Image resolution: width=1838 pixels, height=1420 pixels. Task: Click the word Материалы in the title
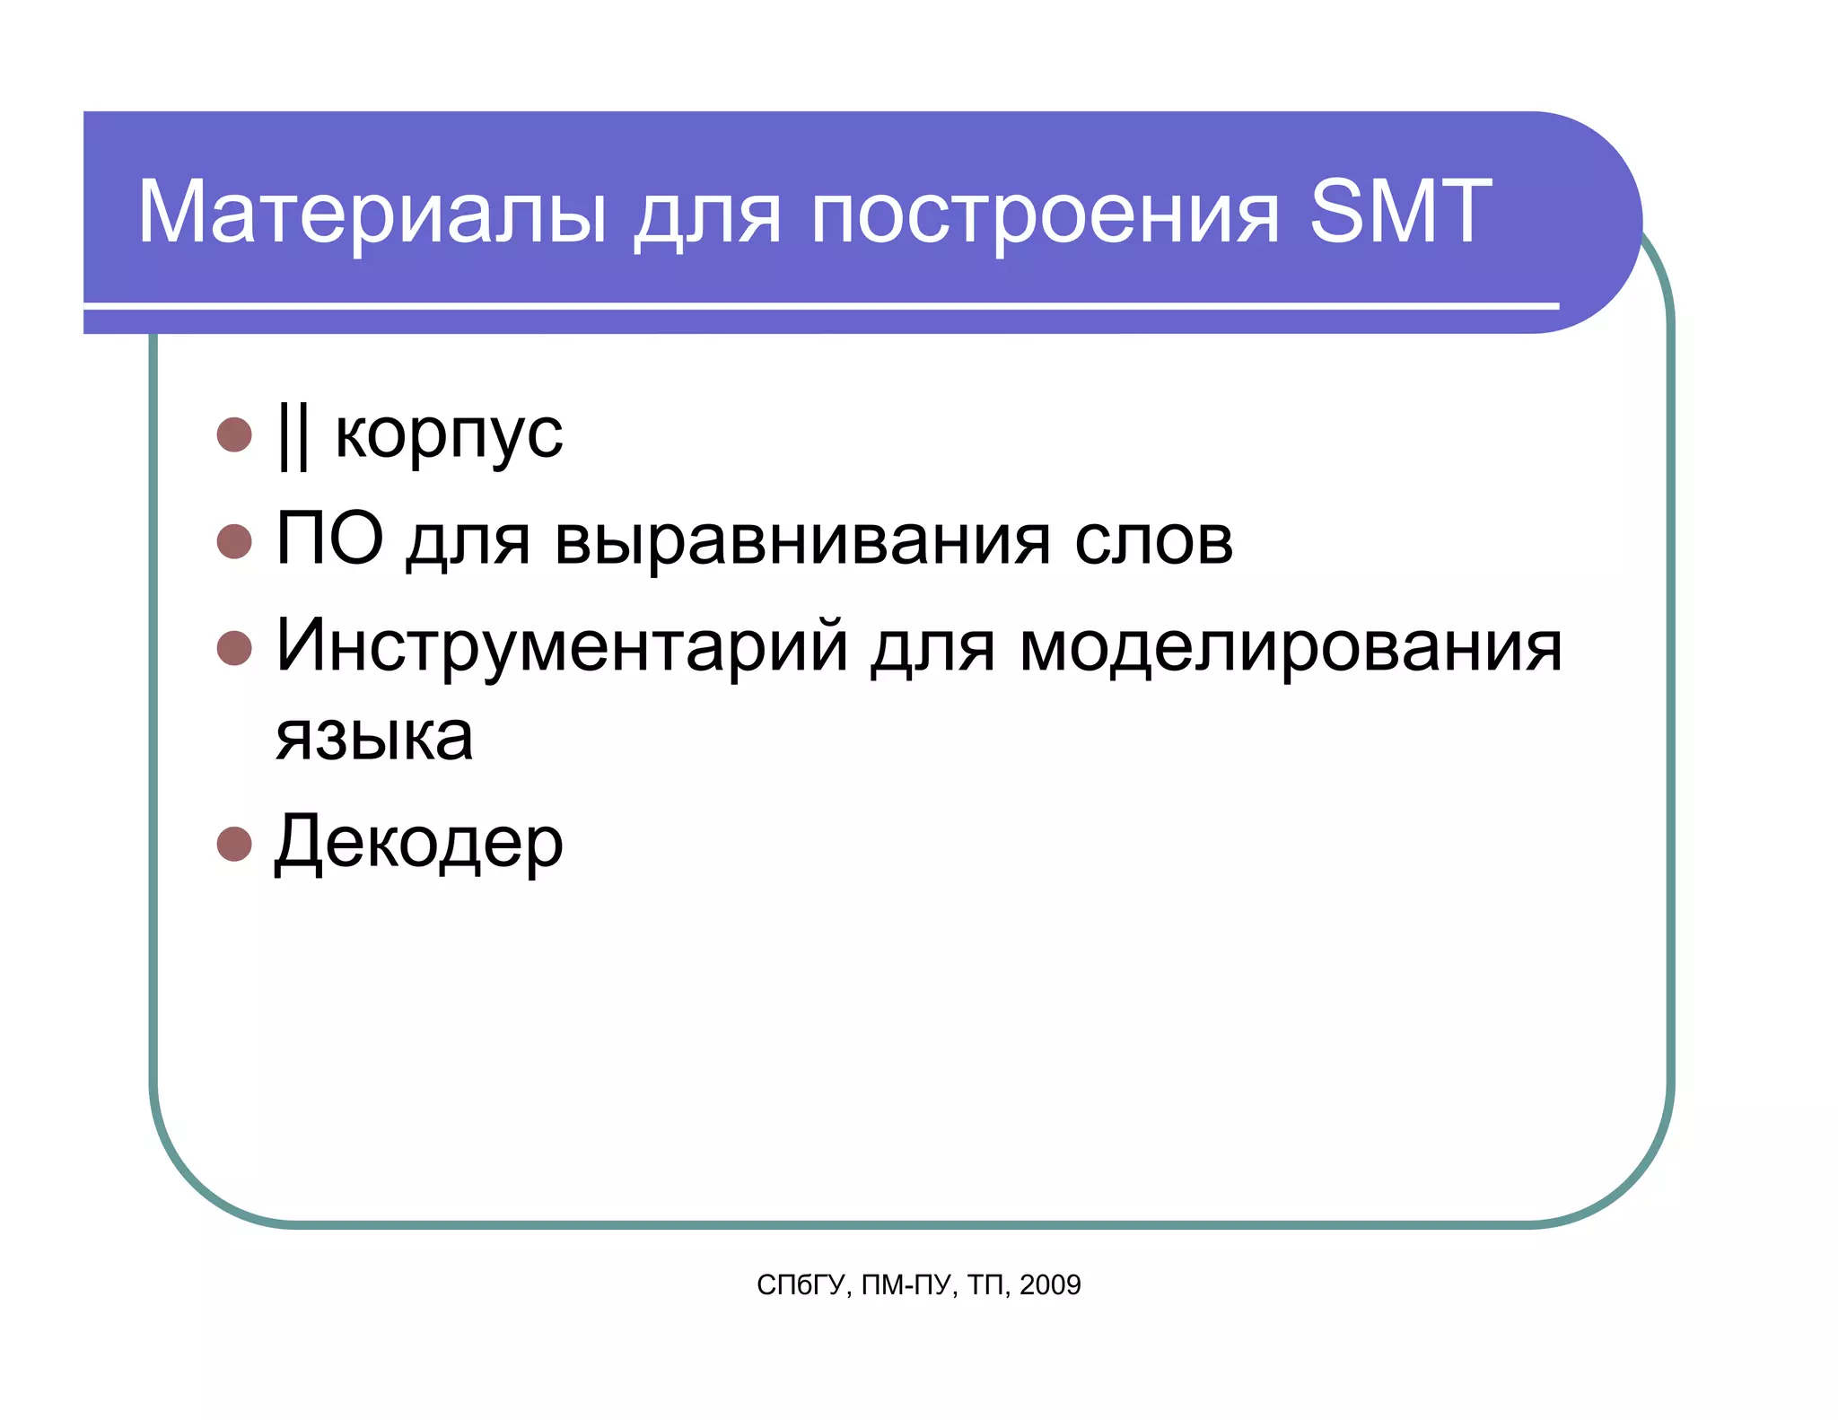[372, 212]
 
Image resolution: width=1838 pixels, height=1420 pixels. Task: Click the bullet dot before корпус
[234, 434]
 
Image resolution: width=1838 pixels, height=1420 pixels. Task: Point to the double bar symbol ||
[293, 435]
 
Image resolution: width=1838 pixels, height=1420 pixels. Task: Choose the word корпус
[449, 435]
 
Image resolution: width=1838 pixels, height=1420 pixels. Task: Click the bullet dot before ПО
[234, 541]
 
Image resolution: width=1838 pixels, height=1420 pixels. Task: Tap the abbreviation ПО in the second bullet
[329, 539]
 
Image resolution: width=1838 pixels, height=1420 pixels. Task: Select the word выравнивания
[802, 541]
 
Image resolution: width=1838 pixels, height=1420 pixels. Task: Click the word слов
[1154, 541]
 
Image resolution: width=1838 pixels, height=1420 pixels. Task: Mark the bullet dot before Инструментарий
[234, 647]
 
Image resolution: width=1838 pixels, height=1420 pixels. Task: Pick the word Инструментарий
[562, 647]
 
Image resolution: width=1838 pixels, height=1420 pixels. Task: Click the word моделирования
[1291, 647]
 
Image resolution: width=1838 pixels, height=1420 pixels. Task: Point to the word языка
[374, 738]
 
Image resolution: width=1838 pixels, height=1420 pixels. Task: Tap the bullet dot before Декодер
[234, 844]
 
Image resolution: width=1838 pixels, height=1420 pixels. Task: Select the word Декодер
[419, 844]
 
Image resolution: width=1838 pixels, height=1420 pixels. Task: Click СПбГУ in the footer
[801, 1285]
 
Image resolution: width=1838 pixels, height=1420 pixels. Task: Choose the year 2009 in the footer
[1050, 1285]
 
